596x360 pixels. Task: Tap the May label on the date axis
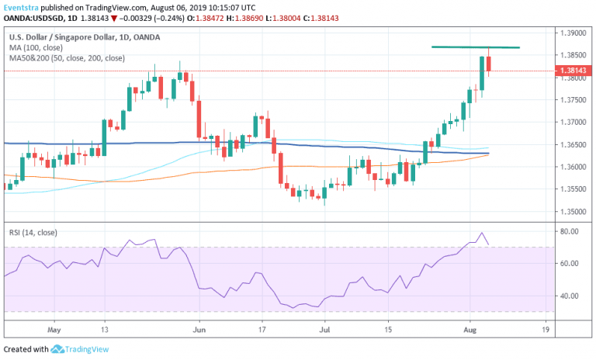point(54,329)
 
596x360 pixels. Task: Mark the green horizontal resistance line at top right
point(475,47)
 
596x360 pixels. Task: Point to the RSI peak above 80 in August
point(482,233)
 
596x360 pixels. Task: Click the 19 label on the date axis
point(546,329)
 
